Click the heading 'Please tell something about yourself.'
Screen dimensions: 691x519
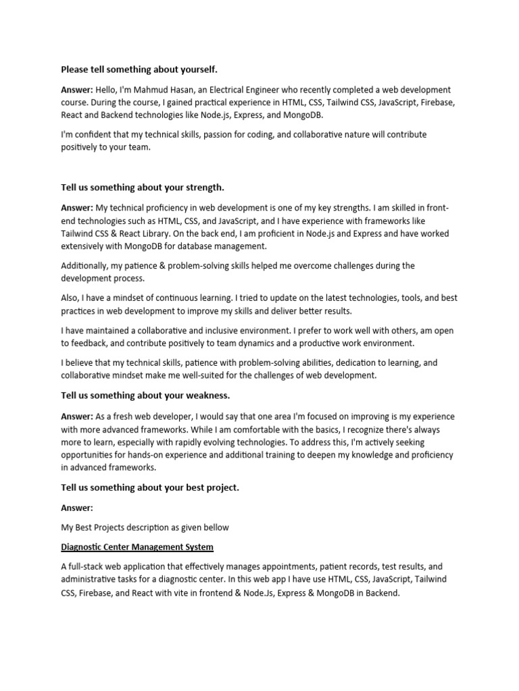(x=139, y=70)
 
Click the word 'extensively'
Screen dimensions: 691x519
(x=85, y=246)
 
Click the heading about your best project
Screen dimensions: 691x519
(x=150, y=487)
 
